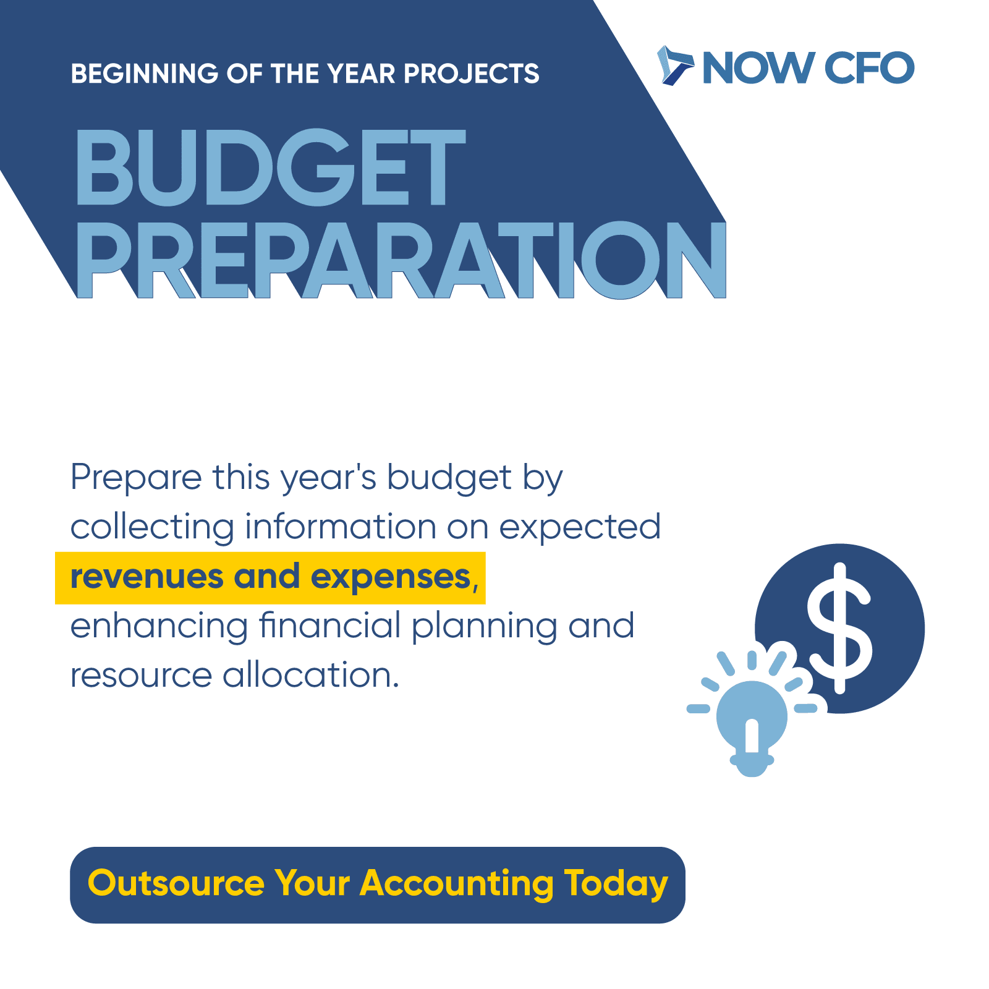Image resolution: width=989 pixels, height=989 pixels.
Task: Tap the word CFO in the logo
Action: [x=869, y=67]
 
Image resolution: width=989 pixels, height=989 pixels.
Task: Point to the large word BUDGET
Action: [x=270, y=167]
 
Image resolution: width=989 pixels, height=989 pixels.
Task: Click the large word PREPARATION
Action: [x=401, y=260]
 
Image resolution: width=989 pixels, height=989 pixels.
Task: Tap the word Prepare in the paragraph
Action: [x=136, y=478]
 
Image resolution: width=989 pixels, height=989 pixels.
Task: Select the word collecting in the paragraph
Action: [x=152, y=527]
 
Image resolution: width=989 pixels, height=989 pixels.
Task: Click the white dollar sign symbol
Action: [x=840, y=628]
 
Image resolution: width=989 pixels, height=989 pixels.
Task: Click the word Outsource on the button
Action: [x=176, y=883]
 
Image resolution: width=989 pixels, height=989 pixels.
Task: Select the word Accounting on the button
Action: [x=457, y=885]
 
